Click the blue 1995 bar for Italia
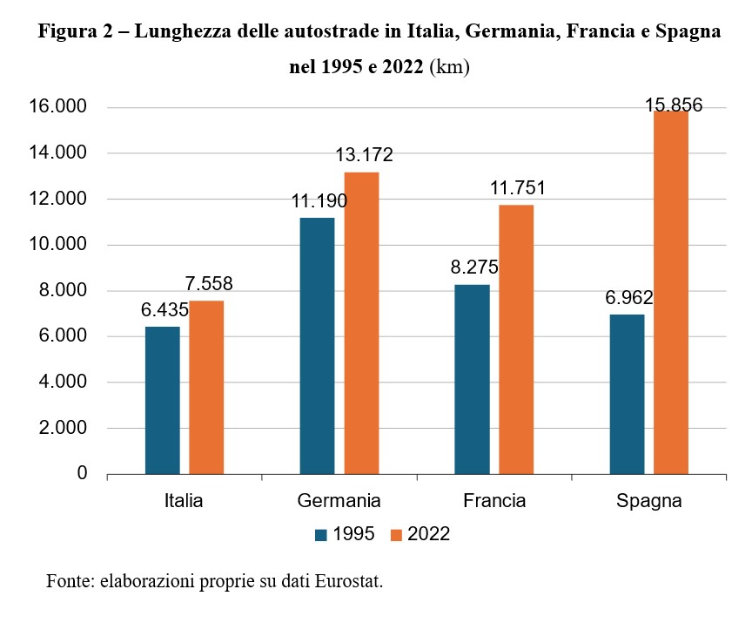point(162,401)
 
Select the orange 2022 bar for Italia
point(206,388)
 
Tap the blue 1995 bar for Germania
point(317,346)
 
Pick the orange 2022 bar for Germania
point(361,323)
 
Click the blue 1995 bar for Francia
point(472,379)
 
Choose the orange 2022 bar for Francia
point(516,340)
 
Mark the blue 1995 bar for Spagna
point(627,394)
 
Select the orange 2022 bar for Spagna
point(671,293)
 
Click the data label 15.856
point(674,105)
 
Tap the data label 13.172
point(365,155)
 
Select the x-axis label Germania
point(339,501)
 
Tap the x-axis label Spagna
point(648,501)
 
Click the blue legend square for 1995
point(320,534)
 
